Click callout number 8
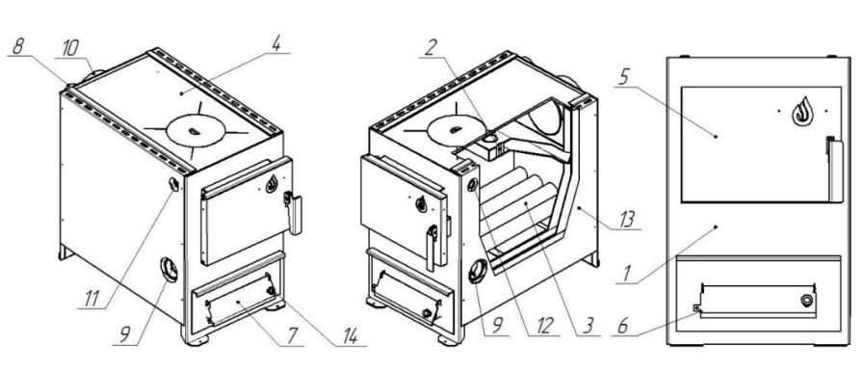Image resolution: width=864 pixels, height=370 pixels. coord(18,47)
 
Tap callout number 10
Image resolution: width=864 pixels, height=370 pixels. coord(70,48)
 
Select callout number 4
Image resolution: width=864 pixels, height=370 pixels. coord(276,45)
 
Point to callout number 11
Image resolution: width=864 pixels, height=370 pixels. coord(92,300)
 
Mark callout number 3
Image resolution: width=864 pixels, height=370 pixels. coord(588,326)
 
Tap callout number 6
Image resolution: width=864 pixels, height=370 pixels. coord(624,327)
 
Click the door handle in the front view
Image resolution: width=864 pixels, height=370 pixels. coord(834,170)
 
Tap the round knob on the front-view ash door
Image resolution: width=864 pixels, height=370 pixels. coord(806,301)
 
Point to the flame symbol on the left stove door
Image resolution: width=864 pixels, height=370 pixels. coord(272,184)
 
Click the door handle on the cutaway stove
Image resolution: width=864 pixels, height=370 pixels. coord(432,247)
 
